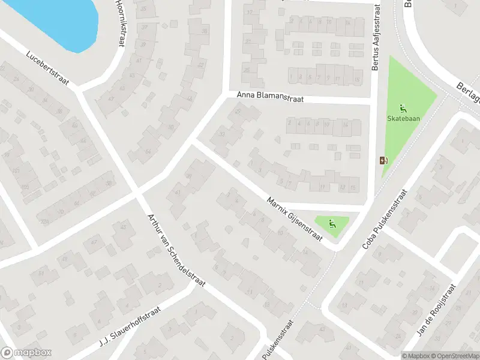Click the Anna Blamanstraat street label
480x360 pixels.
(270, 96)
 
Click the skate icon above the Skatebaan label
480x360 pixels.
(403, 109)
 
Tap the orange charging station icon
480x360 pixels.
(383, 160)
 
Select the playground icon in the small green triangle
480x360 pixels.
(332, 225)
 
